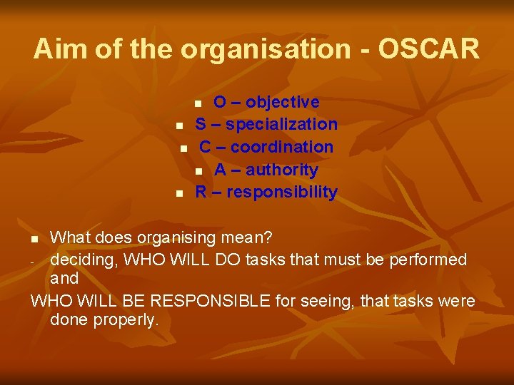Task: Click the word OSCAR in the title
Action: point(429,49)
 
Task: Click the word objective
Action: point(283,102)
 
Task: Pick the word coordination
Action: point(282,147)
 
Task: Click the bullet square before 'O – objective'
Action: point(199,103)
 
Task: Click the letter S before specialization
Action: point(201,124)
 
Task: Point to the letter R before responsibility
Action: point(201,192)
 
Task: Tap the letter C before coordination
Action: point(205,147)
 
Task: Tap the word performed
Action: point(428,260)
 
